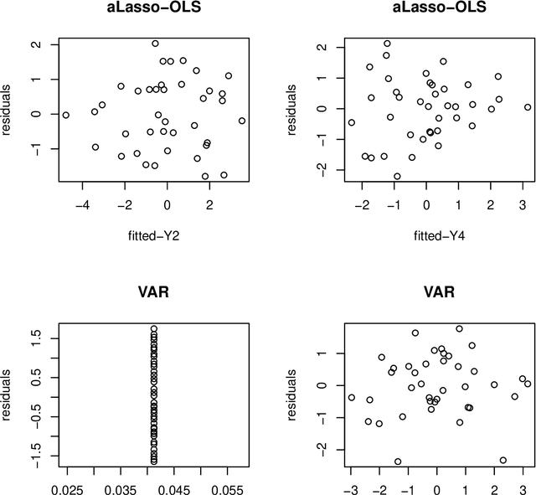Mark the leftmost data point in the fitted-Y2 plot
(66, 115)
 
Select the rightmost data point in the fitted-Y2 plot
(242, 121)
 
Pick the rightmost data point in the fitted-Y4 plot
(528, 107)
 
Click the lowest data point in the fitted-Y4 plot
(397, 177)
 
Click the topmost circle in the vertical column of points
(154, 329)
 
